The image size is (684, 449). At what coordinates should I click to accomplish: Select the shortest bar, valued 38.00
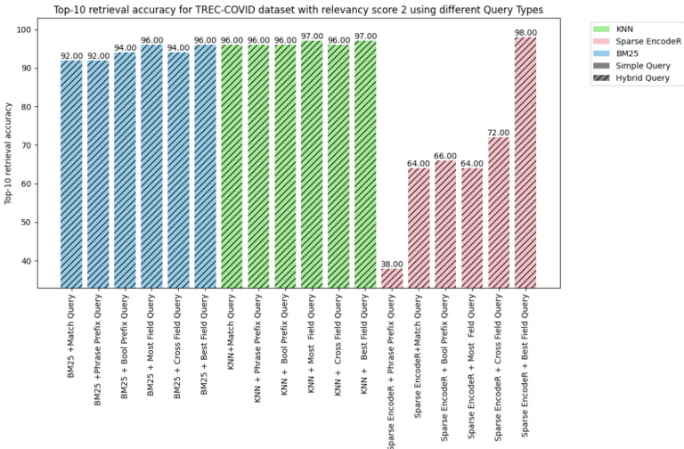(x=392, y=278)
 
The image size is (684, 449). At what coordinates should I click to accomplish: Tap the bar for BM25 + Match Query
(x=71, y=174)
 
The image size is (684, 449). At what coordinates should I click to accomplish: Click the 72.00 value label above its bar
(x=499, y=133)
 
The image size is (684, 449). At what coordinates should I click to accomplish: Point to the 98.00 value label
(x=525, y=32)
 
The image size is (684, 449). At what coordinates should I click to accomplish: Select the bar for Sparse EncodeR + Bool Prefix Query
(x=445, y=224)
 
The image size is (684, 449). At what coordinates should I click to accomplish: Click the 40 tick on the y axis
(x=26, y=261)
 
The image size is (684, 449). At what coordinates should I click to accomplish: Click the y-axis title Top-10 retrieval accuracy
(x=9, y=153)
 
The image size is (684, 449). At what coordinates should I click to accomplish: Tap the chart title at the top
(x=298, y=10)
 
